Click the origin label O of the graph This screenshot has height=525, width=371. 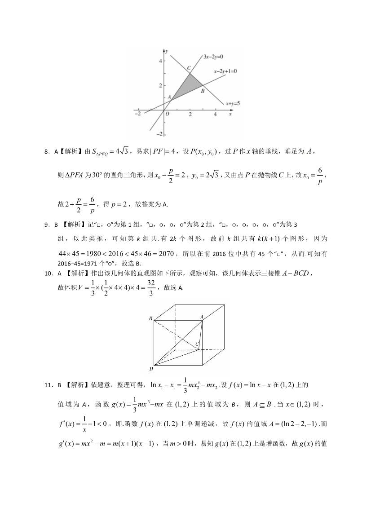coord(167,114)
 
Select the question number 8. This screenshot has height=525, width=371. coord(46,152)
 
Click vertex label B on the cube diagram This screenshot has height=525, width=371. coord(150,318)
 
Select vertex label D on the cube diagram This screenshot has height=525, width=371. coord(151,368)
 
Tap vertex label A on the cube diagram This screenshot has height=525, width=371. coord(202,317)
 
